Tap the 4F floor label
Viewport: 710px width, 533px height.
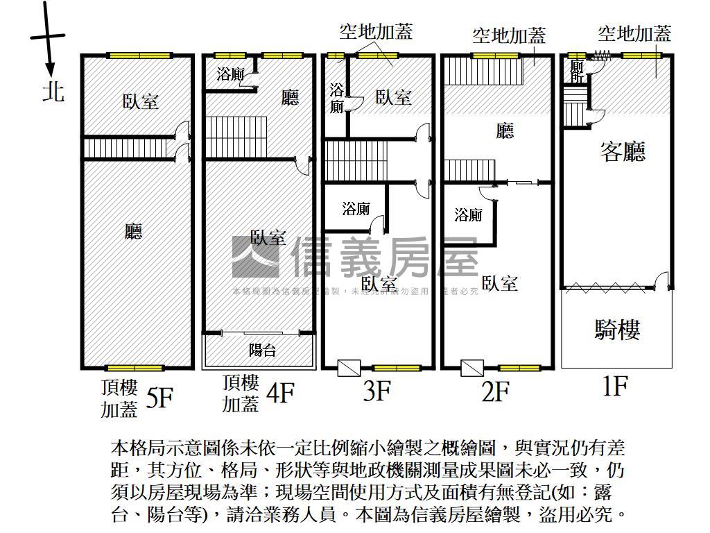pos(280,394)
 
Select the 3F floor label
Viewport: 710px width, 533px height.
pos(376,391)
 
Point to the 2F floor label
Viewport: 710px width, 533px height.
pos(495,392)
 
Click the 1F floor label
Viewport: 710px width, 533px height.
pos(614,386)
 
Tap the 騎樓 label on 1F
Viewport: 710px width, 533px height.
pos(616,330)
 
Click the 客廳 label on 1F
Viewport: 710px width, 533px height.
pos(623,151)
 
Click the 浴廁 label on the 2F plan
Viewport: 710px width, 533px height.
pos(469,215)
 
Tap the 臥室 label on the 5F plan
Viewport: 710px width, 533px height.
pos(141,102)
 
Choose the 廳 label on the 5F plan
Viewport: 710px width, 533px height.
pos(133,231)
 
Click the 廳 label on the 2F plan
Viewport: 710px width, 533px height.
pos(505,131)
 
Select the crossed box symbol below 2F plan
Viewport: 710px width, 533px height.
pos(471,368)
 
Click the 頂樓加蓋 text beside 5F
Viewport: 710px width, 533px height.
pos(119,399)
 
